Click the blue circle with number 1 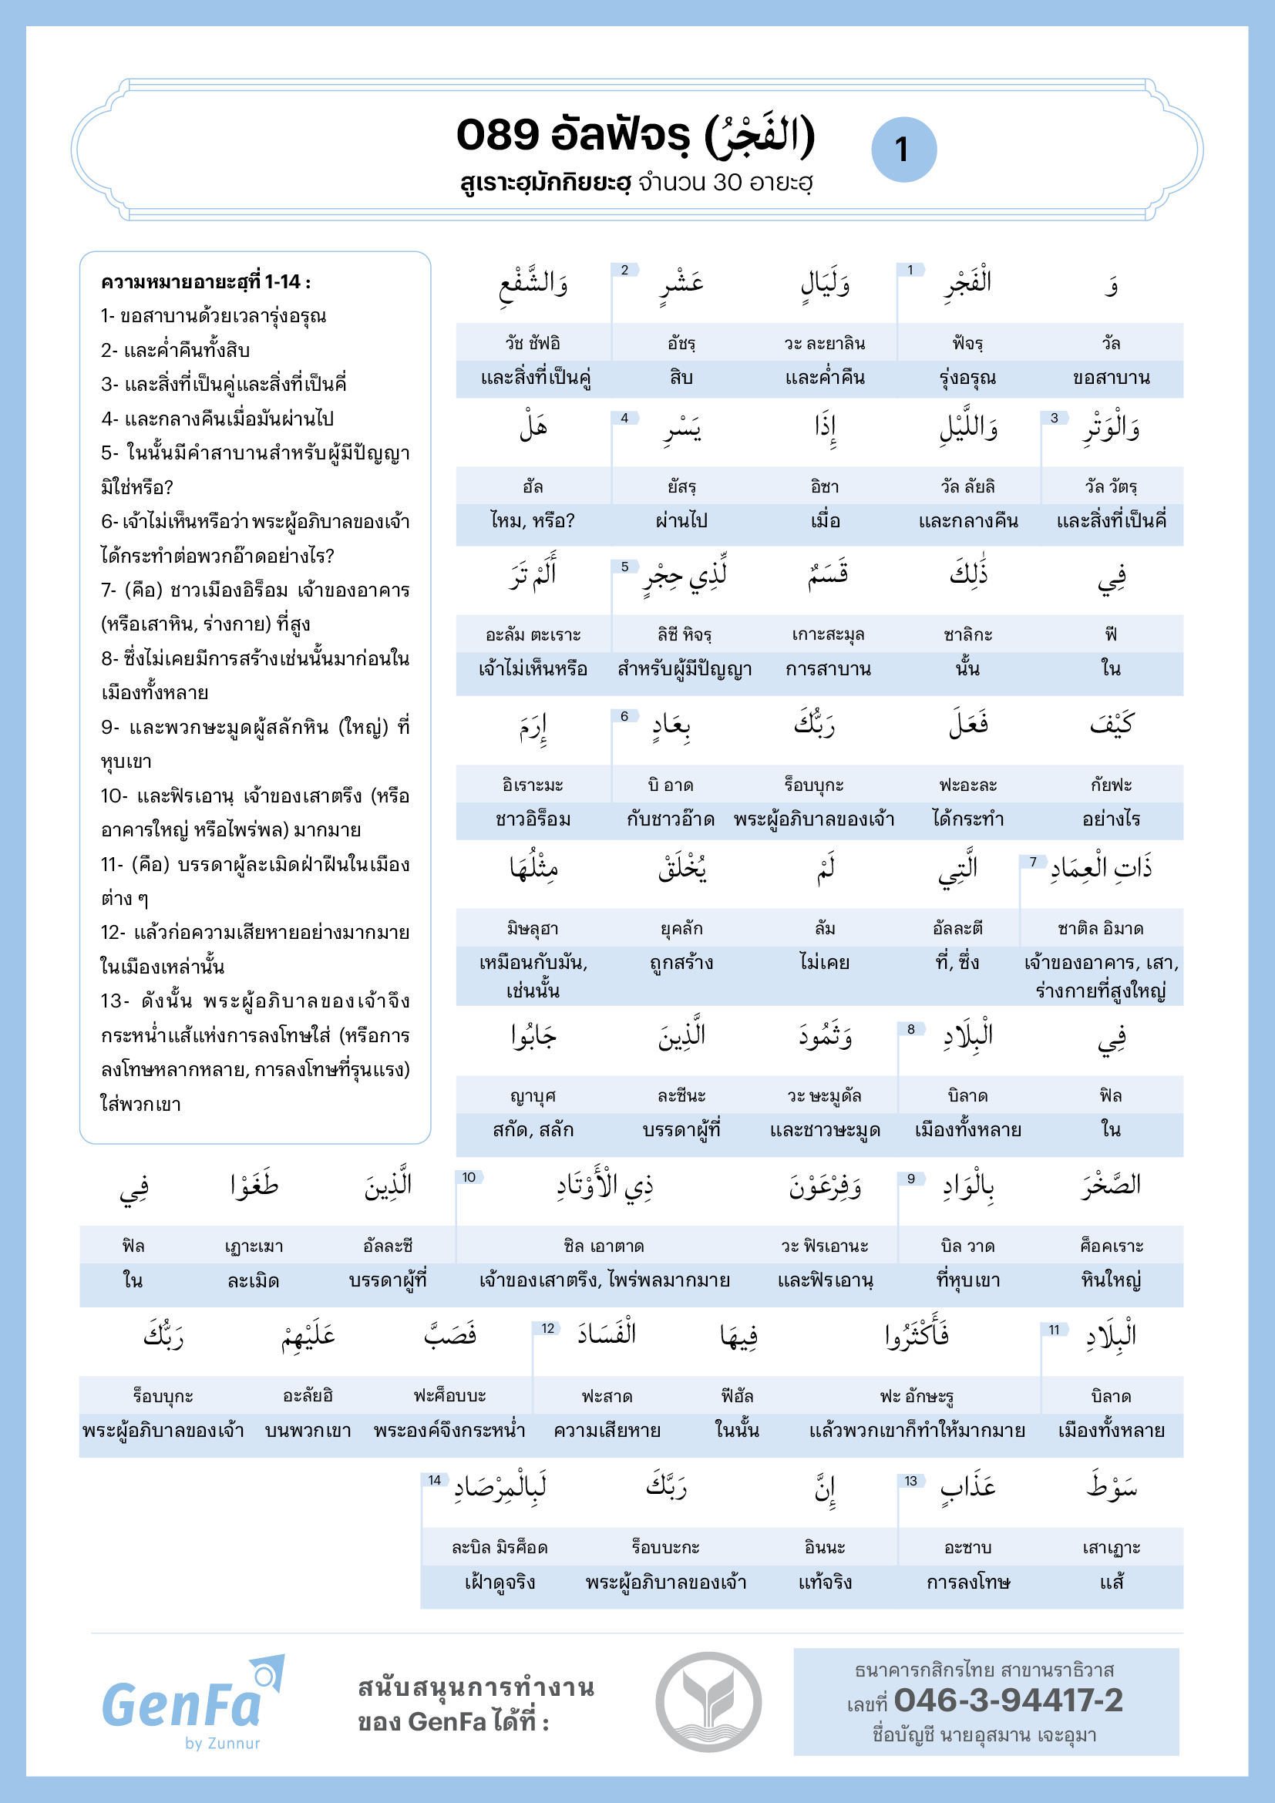click(x=903, y=150)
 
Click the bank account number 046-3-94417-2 click(x=1008, y=1700)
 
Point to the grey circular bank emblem click(x=708, y=1702)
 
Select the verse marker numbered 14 click(x=434, y=1480)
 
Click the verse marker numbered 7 click(x=1033, y=863)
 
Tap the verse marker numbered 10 click(x=469, y=1177)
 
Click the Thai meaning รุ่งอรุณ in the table click(x=967, y=378)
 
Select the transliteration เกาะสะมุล click(x=827, y=634)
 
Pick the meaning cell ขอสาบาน click(x=1111, y=378)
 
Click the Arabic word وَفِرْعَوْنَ click(x=825, y=1186)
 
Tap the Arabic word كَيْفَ click(x=1111, y=724)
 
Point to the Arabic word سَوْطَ click(x=1111, y=1485)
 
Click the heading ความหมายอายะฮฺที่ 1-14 click(x=206, y=282)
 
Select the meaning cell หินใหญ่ click(x=1111, y=1281)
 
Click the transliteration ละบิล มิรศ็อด click(x=500, y=1548)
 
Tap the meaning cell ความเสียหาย click(x=607, y=1431)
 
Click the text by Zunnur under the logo click(x=222, y=1744)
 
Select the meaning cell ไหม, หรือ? click(x=533, y=520)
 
